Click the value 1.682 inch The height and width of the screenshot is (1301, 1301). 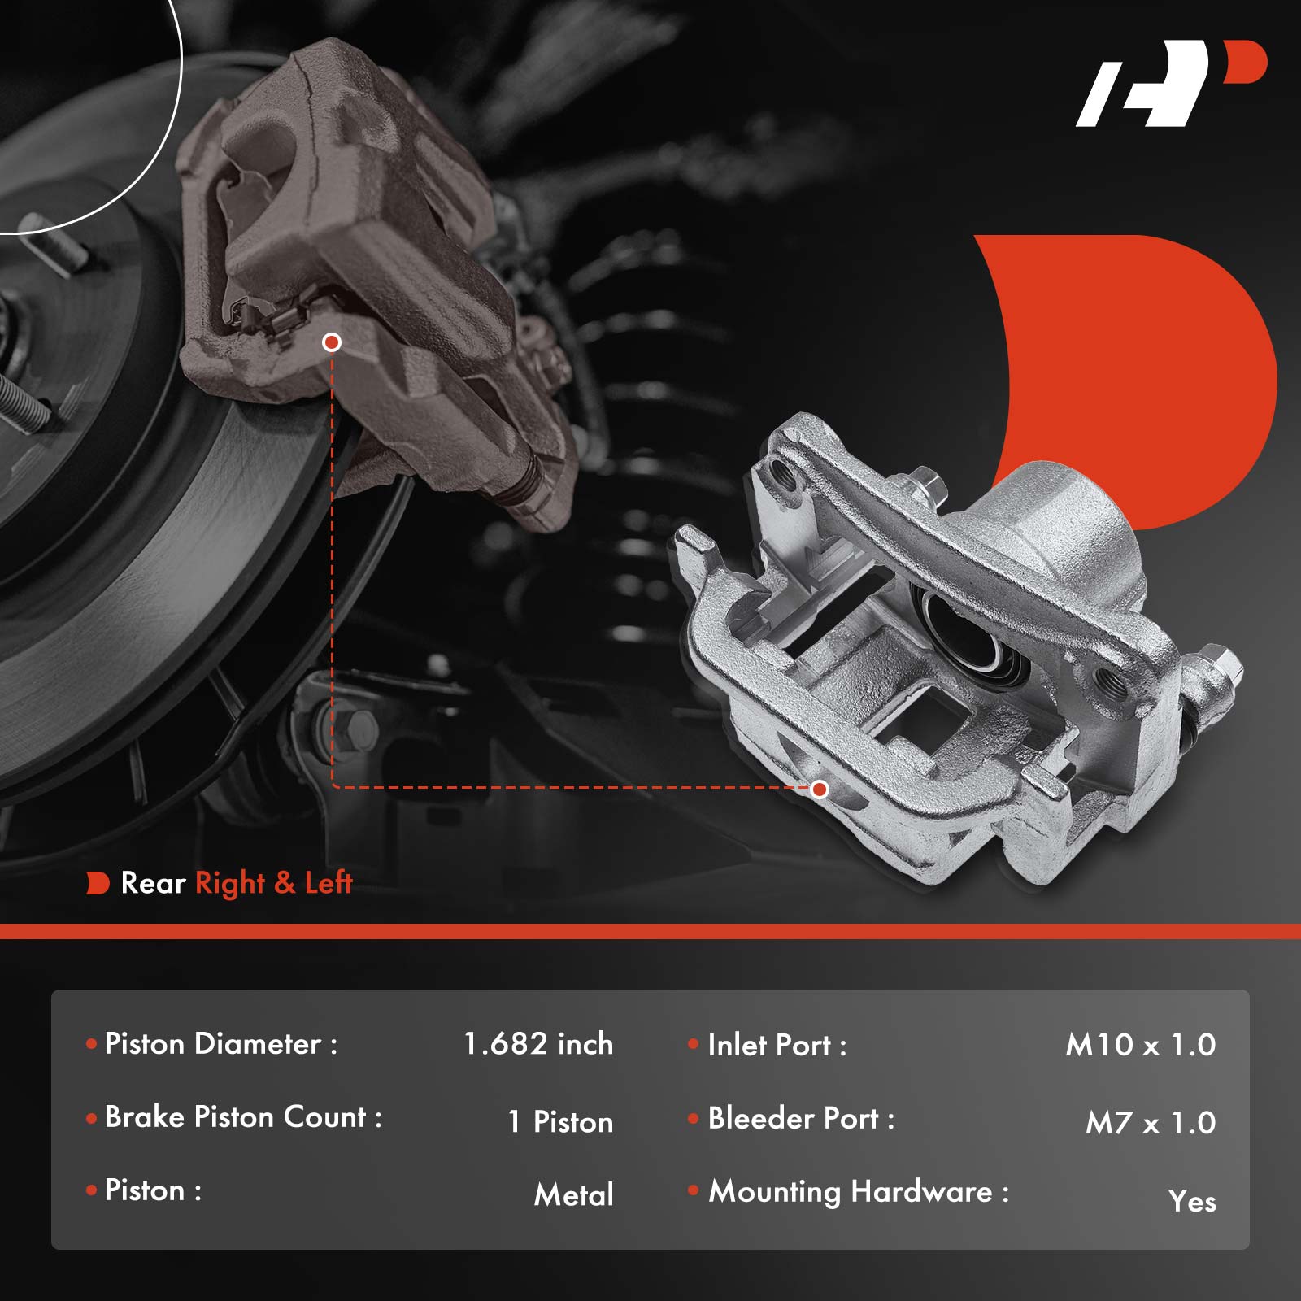(x=538, y=1044)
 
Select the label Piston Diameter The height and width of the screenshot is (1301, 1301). (x=214, y=1044)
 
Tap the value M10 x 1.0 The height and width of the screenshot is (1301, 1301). (x=1141, y=1045)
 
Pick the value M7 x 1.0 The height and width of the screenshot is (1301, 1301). (x=1151, y=1123)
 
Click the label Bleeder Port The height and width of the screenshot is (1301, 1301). (x=794, y=1119)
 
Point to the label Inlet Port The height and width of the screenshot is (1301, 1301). (x=769, y=1045)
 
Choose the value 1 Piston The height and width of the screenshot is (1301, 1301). (x=560, y=1122)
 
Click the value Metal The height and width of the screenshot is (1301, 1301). (x=574, y=1195)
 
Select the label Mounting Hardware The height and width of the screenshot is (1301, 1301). (x=851, y=1192)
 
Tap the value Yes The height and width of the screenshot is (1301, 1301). (x=1192, y=1202)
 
